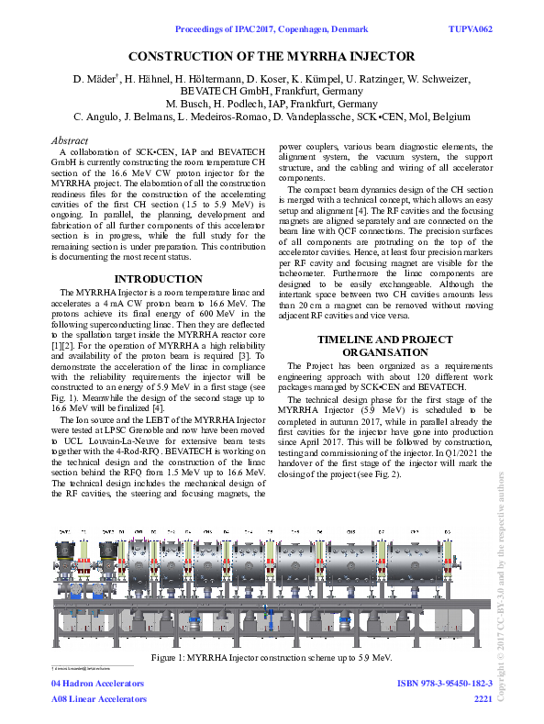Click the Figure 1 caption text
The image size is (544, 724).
pyautogui.click(x=271, y=658)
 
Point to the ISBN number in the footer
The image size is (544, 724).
pyautogui.click(x=445, y=684)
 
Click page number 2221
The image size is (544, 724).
pyautogui.click(x=483, y=698)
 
